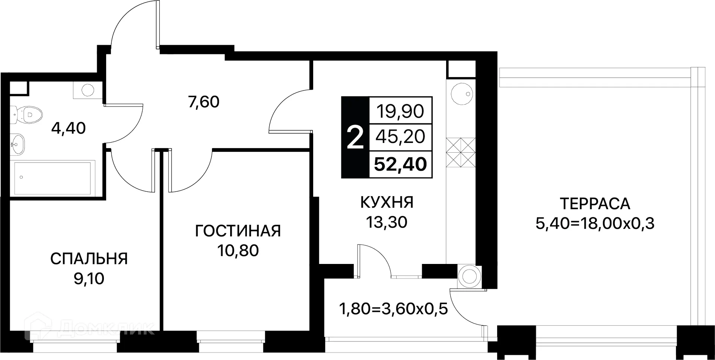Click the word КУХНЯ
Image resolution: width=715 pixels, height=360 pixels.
click(387, 203)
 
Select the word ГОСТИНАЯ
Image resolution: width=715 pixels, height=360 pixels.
click(238, 231)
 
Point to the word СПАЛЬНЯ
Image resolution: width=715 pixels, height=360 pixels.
click(89, 259)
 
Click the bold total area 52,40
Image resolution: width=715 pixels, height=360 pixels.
click(400, 164)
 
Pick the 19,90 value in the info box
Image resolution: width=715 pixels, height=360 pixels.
click(400, 111)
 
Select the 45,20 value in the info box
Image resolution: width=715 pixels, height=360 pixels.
click(400, 137)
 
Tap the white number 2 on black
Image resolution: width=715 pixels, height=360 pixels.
click(355, 138)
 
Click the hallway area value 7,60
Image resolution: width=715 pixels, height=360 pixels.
click(204, 102)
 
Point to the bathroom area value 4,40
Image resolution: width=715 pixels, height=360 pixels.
click(69, 128)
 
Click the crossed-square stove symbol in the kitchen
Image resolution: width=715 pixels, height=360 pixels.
click(461, 153)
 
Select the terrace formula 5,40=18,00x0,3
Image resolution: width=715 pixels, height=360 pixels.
click(595, 224)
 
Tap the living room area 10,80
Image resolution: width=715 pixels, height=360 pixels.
click(238, 251)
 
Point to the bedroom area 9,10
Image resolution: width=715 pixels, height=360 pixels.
click(89, 278)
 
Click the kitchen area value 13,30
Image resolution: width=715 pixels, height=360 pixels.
click(387, 223)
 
